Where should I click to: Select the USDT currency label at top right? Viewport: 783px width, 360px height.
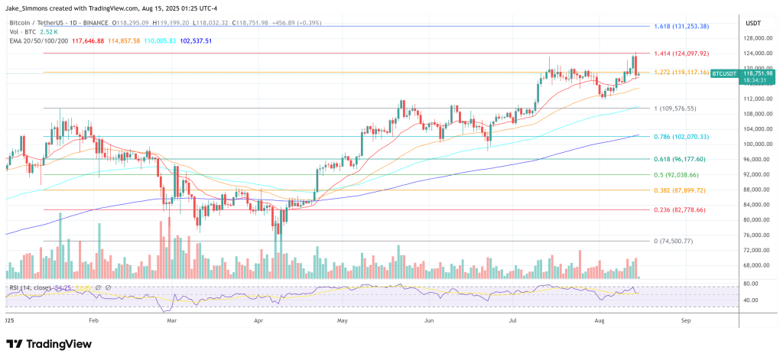pyautogui.click(x=753, y=22)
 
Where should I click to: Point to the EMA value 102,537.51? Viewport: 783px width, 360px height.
pyautogui.click(x=190, y=41)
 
